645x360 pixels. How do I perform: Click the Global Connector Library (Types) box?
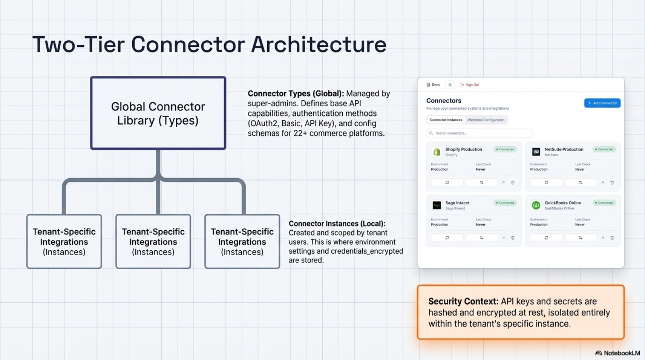click(158, 113)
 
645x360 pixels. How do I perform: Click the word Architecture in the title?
click(319, 44)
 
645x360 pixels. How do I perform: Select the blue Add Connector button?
click(602, 103)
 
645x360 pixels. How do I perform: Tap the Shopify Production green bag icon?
click(437, 152)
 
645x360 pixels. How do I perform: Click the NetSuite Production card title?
click(564, 149)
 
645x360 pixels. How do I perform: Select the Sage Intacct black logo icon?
click(437, 206)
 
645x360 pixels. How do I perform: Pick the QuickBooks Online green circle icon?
click(536, 206)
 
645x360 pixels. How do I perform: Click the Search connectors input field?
click(479, 133)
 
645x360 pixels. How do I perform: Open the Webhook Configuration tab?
click(486, 120)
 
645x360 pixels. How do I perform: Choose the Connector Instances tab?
click(446, 120)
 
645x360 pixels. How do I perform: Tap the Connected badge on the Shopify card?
click(505, 149)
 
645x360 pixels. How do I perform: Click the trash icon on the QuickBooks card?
click(612, 238)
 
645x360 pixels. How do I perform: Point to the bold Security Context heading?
click(463, 302)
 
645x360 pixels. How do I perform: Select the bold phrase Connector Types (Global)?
click(295, 94)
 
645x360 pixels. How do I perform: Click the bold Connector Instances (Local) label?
click(337, 224)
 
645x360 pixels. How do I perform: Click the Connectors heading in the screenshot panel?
click(443, 101)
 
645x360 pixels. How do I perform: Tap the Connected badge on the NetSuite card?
click(604, 149)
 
